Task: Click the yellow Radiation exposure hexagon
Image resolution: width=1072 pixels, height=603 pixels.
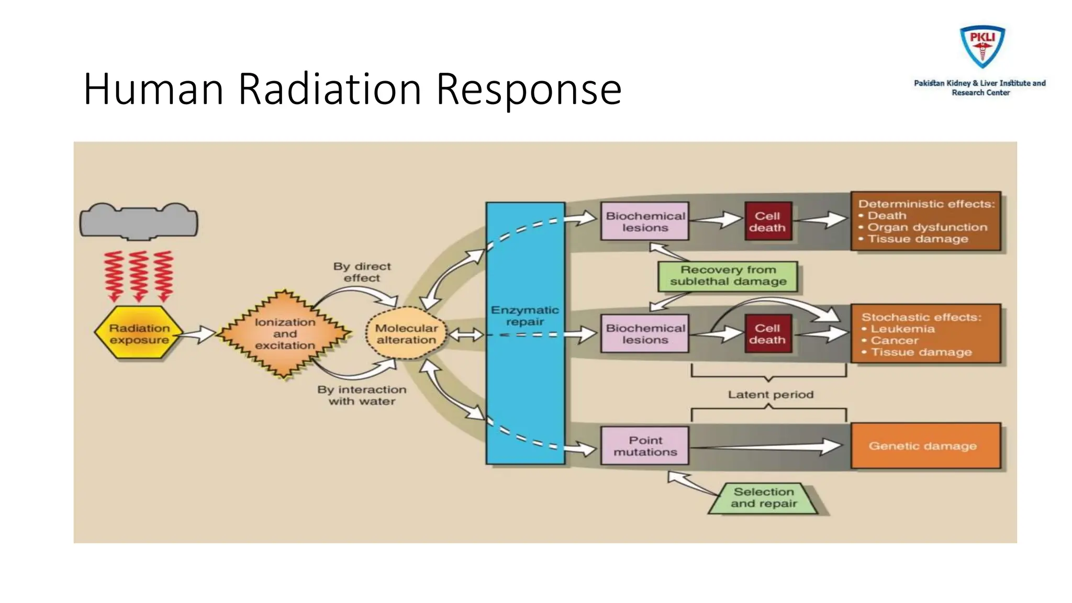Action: pos(139,333)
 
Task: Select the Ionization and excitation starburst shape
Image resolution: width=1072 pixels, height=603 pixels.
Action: pos(284,334)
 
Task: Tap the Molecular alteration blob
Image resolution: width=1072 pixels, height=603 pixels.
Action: pos(406,334)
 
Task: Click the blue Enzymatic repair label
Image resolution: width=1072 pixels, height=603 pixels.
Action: pos(524,316)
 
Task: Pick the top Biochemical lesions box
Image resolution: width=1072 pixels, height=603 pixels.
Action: pos(644,221)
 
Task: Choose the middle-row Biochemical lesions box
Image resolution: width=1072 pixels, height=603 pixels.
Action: pos(644,333)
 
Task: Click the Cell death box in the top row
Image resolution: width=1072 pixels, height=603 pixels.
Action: pos(767,221)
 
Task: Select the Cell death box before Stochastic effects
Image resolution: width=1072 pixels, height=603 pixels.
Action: pos(767,333)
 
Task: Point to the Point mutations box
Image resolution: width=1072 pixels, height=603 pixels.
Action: pos(644,446)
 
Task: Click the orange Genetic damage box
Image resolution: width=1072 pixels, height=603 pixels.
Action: pos(925,446)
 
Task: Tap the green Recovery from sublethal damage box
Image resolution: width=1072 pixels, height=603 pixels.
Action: pos(728,276)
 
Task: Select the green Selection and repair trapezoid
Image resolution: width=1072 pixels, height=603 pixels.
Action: pos(764,498)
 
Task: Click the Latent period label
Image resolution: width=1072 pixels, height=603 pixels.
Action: pos(770,395)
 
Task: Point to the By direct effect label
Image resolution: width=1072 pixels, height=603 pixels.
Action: pos(362,272)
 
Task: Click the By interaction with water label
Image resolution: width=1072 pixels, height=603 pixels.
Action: pos(362,395)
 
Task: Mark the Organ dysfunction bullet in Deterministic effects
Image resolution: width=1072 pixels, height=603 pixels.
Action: pos(927,227)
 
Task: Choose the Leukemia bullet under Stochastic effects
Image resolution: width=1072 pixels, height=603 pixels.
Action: pos(902,329)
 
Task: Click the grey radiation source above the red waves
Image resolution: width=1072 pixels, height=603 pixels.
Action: pos(139,222)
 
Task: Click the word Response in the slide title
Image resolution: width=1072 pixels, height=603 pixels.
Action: pos(529,89)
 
